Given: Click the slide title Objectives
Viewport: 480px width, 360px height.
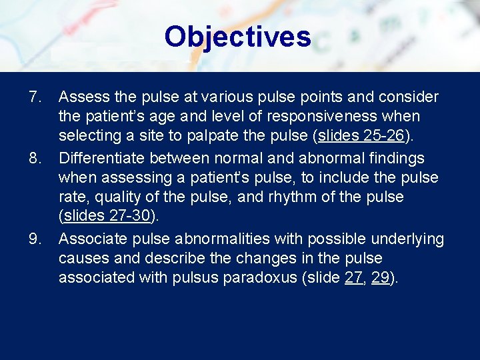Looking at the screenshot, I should point(237,37).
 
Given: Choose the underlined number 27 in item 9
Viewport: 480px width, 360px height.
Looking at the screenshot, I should point(354,278).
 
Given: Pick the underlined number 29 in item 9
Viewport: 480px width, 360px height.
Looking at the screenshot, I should point(381,278).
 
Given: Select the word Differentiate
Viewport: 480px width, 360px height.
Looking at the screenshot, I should point(101,159).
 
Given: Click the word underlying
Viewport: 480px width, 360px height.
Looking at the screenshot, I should point(409,239).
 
